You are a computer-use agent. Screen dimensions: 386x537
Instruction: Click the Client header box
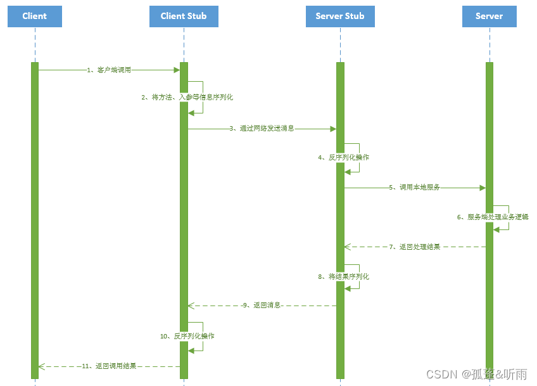tap(35, 16)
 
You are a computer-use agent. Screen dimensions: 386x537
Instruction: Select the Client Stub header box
tap(184, 16)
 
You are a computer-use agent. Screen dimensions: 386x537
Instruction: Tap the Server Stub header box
tap(340, 16)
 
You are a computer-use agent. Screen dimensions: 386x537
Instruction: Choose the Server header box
tap(489, 16)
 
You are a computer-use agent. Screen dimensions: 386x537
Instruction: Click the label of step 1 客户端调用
tap(109, 70)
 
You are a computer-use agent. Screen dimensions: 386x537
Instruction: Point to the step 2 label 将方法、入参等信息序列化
tap(187, 98)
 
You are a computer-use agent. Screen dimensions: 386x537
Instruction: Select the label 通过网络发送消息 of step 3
tap(262, 129)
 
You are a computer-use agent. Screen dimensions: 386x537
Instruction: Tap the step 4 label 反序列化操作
tap(344, 157)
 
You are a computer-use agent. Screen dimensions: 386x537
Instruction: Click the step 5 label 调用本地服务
tap(415, 188)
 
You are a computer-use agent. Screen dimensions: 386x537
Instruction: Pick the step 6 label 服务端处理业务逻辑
tap(493, 217)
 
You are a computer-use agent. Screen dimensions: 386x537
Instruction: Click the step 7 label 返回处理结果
tap(415, 247)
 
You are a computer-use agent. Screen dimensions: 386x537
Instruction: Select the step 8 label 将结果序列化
tap(344, 277)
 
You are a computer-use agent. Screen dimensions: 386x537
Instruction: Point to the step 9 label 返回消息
tap(262, 306)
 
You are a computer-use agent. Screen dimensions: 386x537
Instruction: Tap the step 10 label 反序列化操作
tap(187, 336)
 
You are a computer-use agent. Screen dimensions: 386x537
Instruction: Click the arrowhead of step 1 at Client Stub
tap(177, 70)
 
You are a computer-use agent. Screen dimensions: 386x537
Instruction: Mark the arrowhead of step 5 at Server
tap(482, 188)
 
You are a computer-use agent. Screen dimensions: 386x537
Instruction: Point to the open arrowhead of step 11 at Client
tap(41, 366)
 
